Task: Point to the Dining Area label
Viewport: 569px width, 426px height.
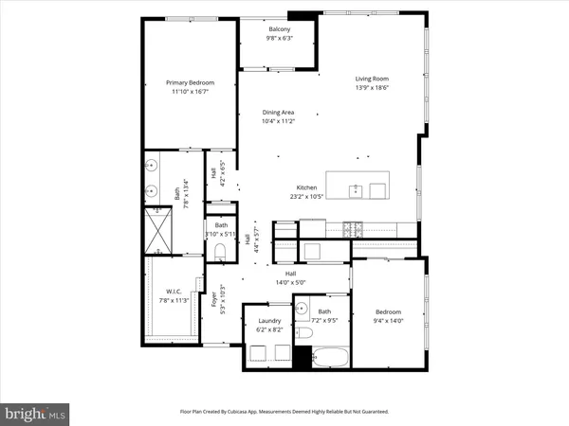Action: [x=279, y=112]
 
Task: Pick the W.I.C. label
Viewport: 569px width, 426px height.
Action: [x=173, y=291]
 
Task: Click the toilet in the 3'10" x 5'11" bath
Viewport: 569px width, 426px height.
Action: [x=220, y=251]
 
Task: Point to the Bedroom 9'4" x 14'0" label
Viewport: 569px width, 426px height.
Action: [x=387, y=311]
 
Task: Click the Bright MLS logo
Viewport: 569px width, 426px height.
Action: [x=36, y=413]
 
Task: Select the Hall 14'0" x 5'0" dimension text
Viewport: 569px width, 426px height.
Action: [x=284, y=281]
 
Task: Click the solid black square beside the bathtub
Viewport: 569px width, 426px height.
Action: [x=303, y=360]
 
